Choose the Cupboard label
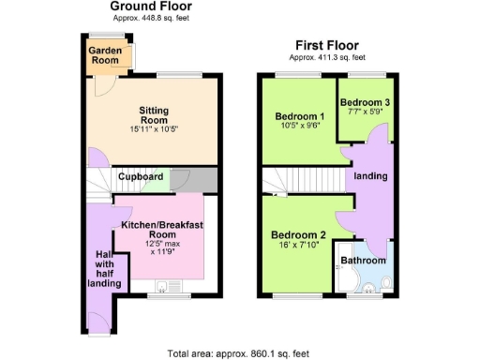(141, 176)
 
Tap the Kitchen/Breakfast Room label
(162, 232)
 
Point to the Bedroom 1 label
(297, 117)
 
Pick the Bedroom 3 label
(364, 101)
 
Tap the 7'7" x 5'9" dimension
(364, 112)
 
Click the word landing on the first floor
(370, 175)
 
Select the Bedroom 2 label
(298, 235)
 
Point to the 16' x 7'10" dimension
(298, 247)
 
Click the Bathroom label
(363, 260)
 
